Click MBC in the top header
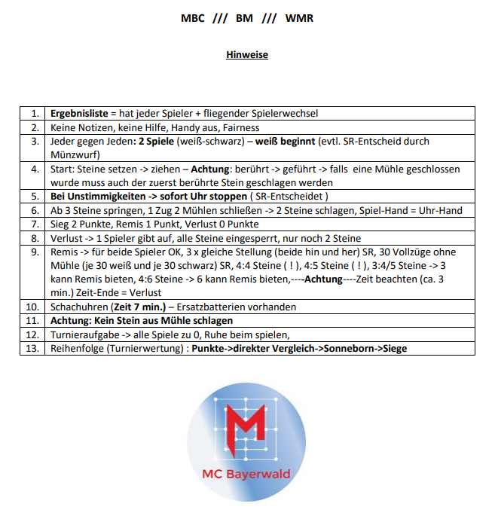(x=193, y=17)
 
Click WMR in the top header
(x=299, y=17)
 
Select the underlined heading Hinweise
(x=247, y=54)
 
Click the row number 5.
(x=35, y=196)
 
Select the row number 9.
(x=35, y=252)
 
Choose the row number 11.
(x=32, y=320)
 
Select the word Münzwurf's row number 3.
(x=35, y=141)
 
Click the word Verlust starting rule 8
(x=66, y=237)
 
